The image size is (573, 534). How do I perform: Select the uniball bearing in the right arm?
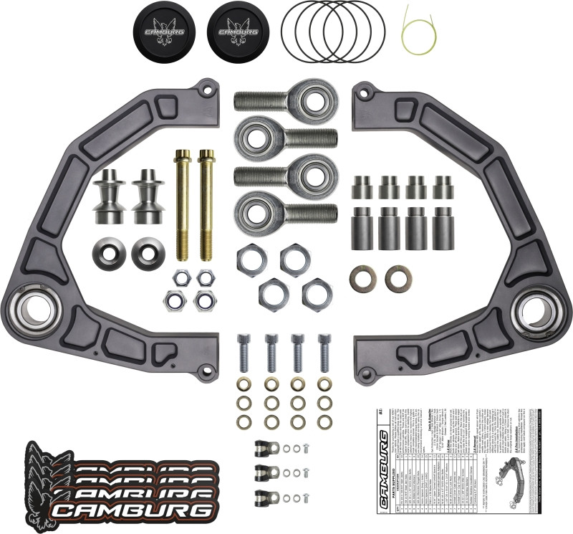click(x=536, y=310)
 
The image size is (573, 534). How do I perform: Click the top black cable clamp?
click(x=266, y=449)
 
